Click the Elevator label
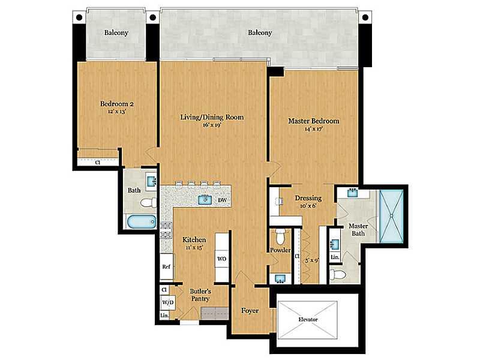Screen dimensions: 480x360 (308, 319)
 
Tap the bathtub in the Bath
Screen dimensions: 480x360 (141, 221)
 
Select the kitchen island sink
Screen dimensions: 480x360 (205, 200)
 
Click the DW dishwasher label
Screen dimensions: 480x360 (223, 200)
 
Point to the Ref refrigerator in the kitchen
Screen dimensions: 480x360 (167, 266)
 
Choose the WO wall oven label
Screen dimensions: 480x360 (221, 259)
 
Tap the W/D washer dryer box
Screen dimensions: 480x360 (168, 302)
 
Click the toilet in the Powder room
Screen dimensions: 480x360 (280, 235)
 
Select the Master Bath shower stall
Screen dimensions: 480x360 (391, 216)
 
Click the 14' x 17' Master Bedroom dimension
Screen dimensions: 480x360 (314, 129)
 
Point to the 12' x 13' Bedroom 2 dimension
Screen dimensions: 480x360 (117, 112)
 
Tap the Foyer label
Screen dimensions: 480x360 (250, 311)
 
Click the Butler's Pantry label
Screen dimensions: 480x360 (200, 295)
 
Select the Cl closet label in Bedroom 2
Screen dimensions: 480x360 (98, 163)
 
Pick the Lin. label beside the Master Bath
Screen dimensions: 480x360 (335, 257)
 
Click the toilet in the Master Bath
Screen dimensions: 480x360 (338, 274)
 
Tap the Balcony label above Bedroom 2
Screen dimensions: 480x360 (116, 32)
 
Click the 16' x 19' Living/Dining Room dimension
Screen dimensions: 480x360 (212, 125)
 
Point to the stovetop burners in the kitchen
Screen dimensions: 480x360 (166, 230)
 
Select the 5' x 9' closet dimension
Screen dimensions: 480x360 (312, 260)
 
